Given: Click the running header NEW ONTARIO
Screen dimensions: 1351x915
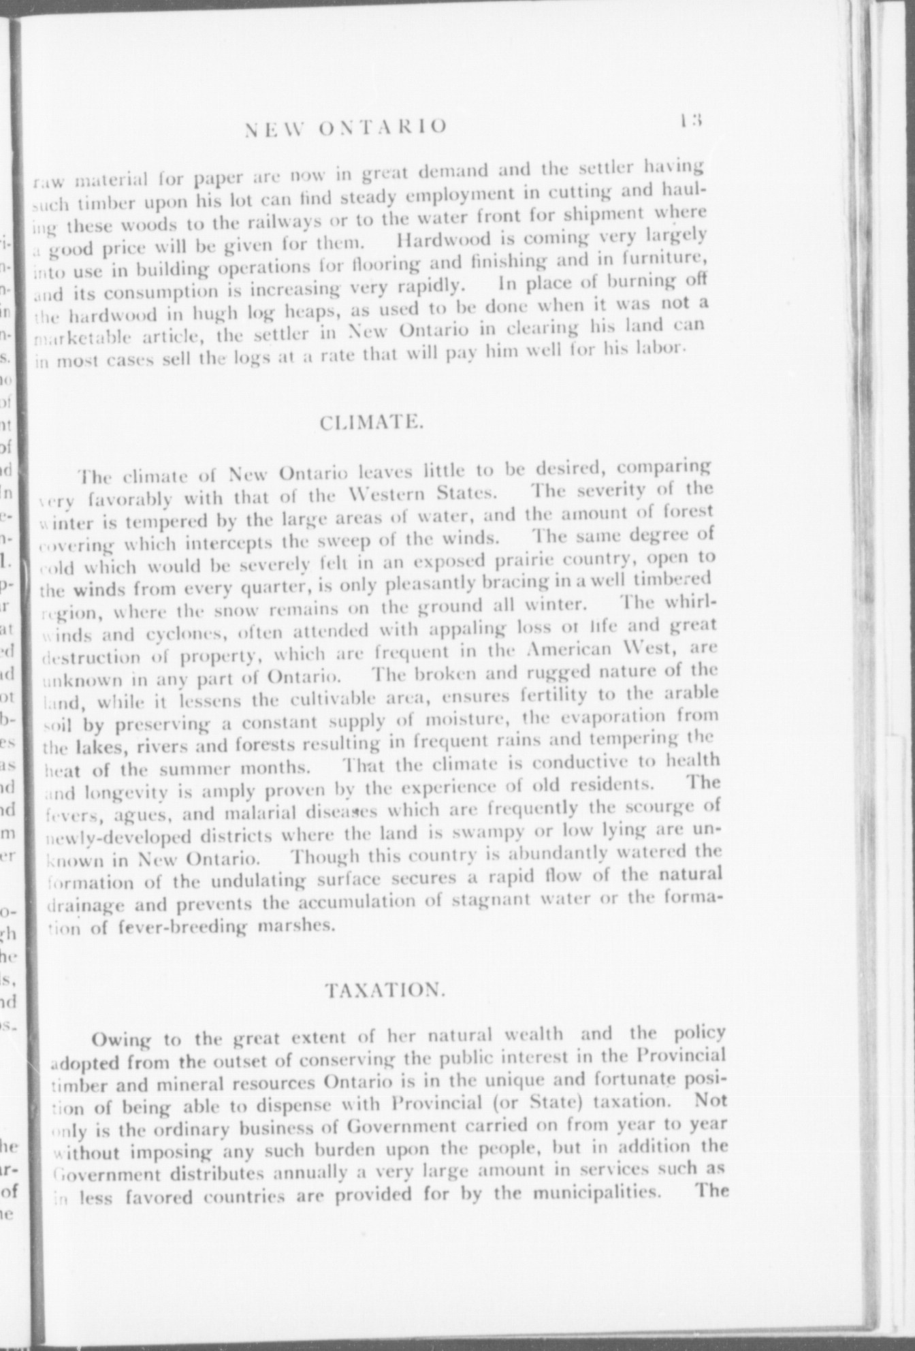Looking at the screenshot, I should tap(347, 127).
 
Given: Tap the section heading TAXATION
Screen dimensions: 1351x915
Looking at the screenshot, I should tap(385, 989).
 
